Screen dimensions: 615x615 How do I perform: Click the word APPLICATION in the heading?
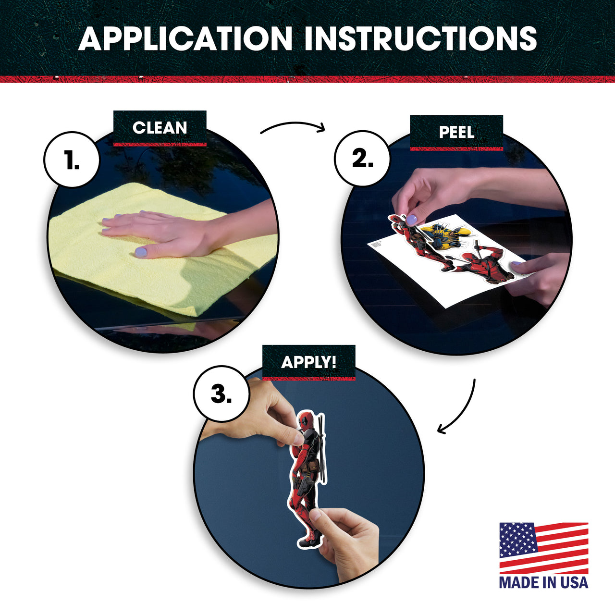click(x=185, y=38)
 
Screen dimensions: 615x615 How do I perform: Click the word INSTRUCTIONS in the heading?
click(x=420, y=38)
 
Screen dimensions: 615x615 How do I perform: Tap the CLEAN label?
click(x=160, y=128)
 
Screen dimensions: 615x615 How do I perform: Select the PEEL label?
click(x=456, y=132)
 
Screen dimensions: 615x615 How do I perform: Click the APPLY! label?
click(x=308, y=362)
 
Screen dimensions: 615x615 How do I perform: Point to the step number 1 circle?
click(x=72, y=160)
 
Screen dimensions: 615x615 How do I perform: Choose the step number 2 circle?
click(x=362, y=159)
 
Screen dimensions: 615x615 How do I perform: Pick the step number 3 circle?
click(x=221, y=394)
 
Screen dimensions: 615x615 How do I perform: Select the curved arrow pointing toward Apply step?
click(x=467, y=412)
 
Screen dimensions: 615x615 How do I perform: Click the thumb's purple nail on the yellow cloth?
click(x=141, y=252)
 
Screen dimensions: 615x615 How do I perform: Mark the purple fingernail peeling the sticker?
click(x=411, y=220)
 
